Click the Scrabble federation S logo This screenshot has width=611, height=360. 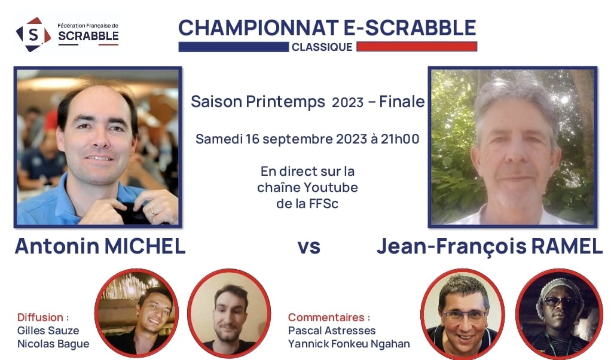click(33, 35)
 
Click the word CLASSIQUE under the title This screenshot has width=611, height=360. click(322, 47)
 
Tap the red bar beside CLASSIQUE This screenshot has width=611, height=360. click(417, 47)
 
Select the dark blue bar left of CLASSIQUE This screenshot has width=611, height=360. click(233, 47)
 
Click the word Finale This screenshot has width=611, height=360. click(402, 102)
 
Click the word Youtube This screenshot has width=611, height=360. click(332, 187)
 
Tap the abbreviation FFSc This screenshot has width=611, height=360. click(322, 203)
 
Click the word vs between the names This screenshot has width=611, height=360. click(309, 247)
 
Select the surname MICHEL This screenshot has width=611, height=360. click(145, 246)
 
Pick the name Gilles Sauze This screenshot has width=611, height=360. click(48, 330)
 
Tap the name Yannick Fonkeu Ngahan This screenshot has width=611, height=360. click(349, 344)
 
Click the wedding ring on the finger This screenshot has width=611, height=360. click(152, 212)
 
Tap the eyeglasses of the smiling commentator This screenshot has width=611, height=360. click(465, 316)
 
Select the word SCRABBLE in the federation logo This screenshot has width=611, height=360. click(88, 36)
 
